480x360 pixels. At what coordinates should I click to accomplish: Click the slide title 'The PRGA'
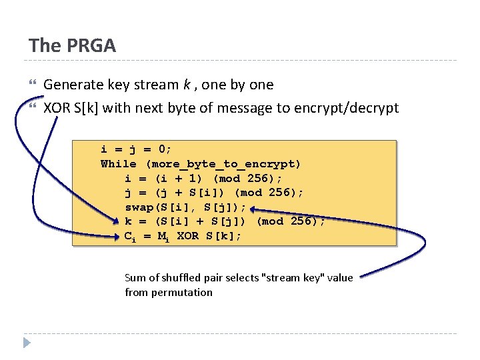[72, 45]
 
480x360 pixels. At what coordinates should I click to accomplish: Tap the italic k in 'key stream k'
[186, 85]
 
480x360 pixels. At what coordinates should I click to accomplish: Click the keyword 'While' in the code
[119, 163]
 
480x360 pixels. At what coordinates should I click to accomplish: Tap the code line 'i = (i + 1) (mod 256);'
[203, 178]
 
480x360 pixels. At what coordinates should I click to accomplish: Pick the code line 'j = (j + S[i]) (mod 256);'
[214, 193]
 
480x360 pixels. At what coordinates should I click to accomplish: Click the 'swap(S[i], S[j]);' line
[185, 207]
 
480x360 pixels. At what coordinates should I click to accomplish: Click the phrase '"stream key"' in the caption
[297, 277]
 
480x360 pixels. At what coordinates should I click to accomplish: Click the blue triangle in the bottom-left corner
[27, 343]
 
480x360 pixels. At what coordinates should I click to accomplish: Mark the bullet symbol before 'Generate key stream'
[33, 85]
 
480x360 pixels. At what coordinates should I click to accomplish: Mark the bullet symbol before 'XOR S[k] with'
[33, 107]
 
